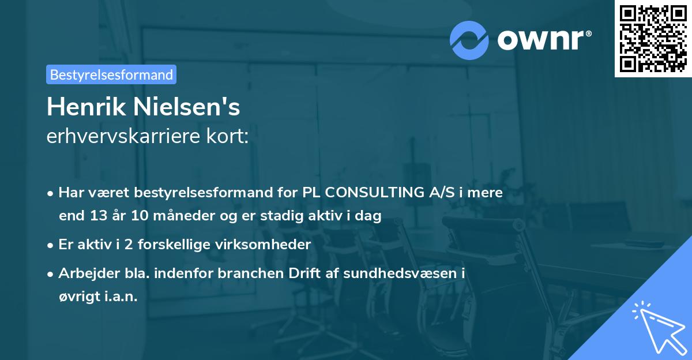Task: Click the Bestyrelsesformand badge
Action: click(x=111, y=74)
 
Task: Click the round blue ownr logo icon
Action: click(x=469, y=40)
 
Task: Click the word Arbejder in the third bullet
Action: click(x=85, y=273)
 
